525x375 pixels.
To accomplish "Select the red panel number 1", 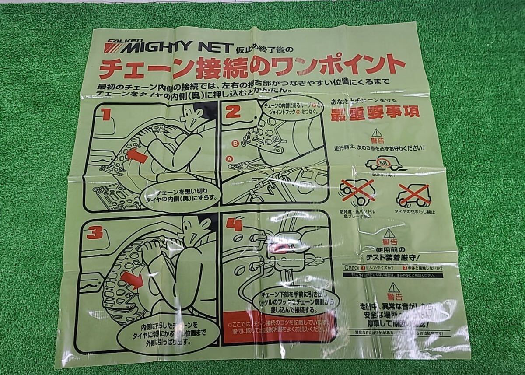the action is [x=105, y=114].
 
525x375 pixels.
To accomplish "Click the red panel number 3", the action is [x=94, y=233].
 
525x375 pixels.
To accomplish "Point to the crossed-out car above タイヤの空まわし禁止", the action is [x=414, y=195].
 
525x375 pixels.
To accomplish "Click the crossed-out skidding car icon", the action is [x=357, y=192].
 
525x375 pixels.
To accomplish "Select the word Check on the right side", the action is [x=352, y=267].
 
